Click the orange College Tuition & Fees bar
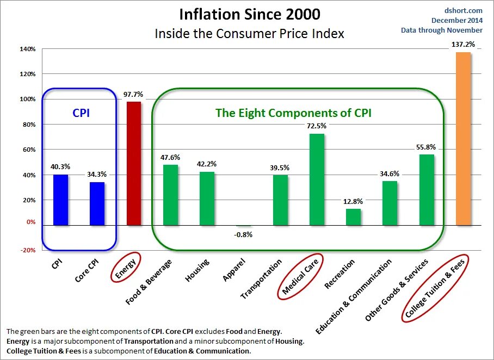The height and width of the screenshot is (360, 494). click(x=463, y=139)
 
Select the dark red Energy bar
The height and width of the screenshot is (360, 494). click(x=133, y=163)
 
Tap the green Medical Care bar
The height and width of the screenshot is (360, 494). click(x=317, y=179)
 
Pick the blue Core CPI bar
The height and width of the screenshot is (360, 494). click(x=97, y=203)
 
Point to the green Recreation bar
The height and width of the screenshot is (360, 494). click(x=353, y=217)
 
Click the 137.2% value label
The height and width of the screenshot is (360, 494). click(x=463, y=44)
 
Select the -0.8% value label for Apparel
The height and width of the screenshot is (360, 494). click(x=243, y=234)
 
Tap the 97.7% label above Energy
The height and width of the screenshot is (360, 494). click(x=133, y=94)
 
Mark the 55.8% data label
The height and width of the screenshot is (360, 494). click(x=426, y=146)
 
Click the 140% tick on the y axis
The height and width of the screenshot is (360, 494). click(x=28, y=49)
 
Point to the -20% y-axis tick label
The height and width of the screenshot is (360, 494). click(x=28, y=250)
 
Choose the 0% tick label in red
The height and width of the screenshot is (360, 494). click(x=30, y=222)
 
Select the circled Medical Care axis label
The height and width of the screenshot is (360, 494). click(x=300, y=277)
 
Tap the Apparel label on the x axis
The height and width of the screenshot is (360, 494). click(x=235, y=270)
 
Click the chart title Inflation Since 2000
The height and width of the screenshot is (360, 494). click(x=250, y=14)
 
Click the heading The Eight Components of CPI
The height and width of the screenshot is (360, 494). click(x=293, y=113)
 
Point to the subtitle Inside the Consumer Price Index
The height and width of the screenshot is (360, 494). click(x=250, y=33)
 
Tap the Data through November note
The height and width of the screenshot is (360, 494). click(x=442, y=30)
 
